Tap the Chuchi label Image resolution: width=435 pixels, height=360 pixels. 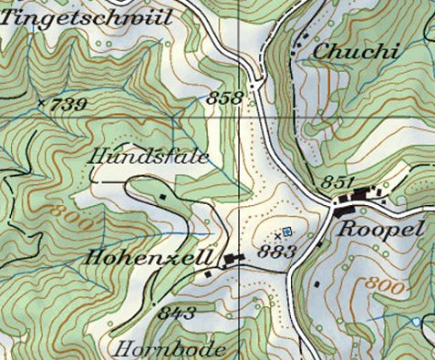pyautogui.click(x=356, y=52)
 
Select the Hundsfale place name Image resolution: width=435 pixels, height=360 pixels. pyautogui.click(x=150, y=158)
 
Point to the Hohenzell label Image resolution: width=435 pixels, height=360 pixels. pyautogui.click(x=150, y=258)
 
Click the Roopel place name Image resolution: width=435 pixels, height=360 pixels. pyautogui.click(x=380, y=230)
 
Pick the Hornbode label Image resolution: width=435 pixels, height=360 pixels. pyautogui.click(x=170, y=348)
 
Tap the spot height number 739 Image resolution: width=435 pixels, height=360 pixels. pyautogui.click(x=70, y=105)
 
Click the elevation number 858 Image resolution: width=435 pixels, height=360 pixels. pyautogui.click(x=227, y=98)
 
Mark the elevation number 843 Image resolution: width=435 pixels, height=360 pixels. pyautogui.click(x=176, y=313)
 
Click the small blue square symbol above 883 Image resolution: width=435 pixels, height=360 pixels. pyautogui.click(x=287, y=231)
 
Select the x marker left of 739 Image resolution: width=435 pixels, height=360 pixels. pyautogui.click(x=41, y=102)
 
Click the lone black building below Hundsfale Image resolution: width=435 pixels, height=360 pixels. pyautogui.click(x=163, y=194)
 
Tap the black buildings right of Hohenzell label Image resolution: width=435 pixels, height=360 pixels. pyautogui.click(x=232, y=262)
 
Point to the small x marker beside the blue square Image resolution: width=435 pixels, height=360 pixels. pyautogui.click(x=277, y=235)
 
